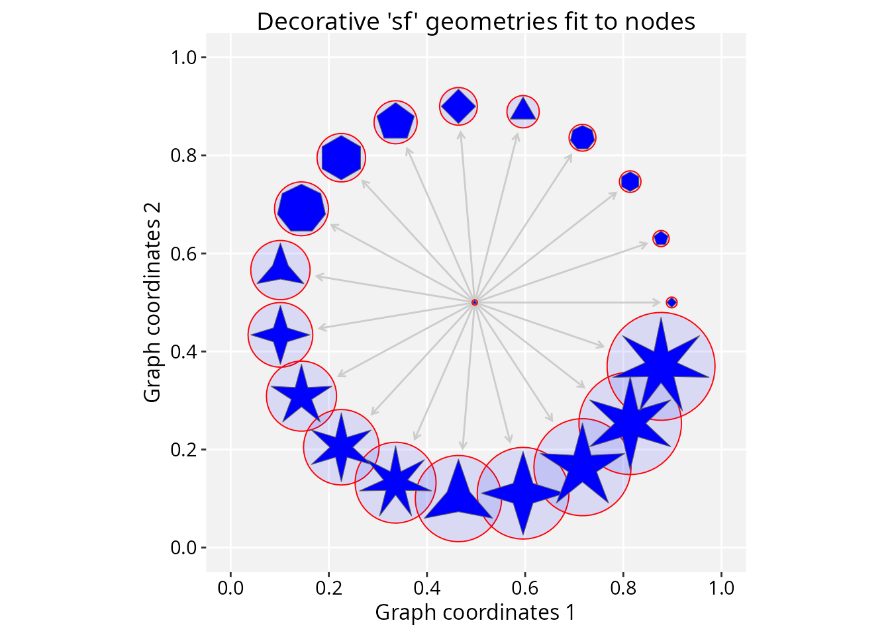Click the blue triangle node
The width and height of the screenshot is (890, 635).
click(523, 110)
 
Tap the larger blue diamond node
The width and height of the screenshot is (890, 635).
click(458, 106)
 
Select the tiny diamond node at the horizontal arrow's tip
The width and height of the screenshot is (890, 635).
click(671, 302)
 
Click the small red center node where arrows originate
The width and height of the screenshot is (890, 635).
click(474, 302)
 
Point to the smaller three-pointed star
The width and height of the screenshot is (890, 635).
click(281, 269)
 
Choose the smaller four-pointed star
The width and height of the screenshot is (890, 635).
click(281, 335)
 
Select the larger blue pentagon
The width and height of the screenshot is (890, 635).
click(395, 121)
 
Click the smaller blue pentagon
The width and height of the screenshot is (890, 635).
click(661, 238)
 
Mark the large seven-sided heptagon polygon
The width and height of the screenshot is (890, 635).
click(301, 208)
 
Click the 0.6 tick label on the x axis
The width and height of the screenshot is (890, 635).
click(524, 588)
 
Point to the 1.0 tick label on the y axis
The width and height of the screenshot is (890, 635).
click(183, 58)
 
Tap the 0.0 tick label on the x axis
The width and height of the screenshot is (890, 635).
click(230, 588)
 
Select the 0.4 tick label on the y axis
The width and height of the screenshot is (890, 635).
click(183, 352)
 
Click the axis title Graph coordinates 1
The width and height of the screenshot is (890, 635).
click(475, 613)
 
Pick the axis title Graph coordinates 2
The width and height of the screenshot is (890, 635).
click(152, 302)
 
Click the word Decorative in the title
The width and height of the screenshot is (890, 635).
click(319, 21)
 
